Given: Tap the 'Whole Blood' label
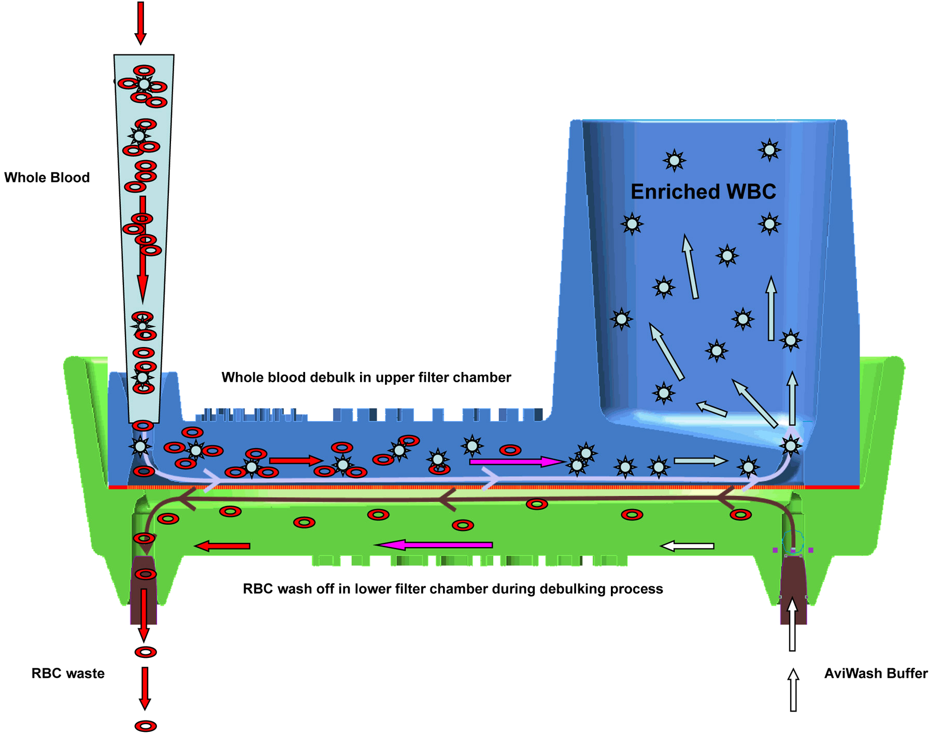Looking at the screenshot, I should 47,178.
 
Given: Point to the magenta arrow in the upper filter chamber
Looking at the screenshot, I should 515,462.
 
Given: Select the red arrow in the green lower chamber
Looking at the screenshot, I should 223,546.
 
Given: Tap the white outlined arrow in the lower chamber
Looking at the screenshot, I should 687,546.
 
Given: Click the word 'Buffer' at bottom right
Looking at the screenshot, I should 907,673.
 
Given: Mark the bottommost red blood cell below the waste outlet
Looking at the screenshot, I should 146,726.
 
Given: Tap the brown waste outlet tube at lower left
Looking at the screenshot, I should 144,591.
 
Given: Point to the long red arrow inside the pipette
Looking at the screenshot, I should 142,249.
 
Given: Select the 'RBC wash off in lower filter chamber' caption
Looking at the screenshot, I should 453,589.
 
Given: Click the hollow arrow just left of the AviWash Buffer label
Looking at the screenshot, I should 793,689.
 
